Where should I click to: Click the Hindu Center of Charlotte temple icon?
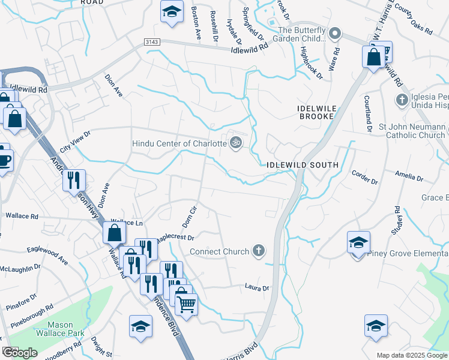tap(236, 143)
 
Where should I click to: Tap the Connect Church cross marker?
tap(258, 251)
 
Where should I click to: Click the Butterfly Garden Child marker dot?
tap(336, 34)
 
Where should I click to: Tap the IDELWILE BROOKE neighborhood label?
tap(315, 112)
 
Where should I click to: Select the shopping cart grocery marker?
tap(186, 305)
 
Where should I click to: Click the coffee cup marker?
tap(4, 159)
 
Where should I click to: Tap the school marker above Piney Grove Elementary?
tap(358, 242)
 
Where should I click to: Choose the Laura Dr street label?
tap(257, 288)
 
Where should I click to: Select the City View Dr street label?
tap(75, 142)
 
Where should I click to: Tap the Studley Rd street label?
tap(397, 220)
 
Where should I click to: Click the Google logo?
tap(20, 353)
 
